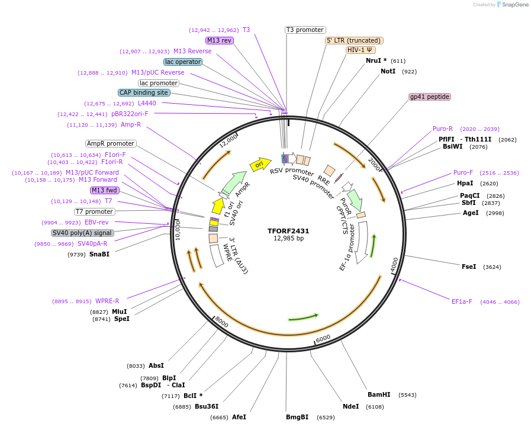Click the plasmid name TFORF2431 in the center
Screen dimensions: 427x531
[x=288, y=231]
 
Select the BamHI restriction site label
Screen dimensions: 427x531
[x=379, y=394]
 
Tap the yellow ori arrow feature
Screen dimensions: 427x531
[x=260, y=164]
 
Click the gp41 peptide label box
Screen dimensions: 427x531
[x=430, y=97]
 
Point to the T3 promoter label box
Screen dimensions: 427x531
[x=305, y=30]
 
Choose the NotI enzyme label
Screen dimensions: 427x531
[x=388, y=71]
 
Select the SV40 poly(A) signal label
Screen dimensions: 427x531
[x=82, y=233]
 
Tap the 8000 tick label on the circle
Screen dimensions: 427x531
[x=221, y=322]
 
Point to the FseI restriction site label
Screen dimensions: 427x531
[x=469, y=267]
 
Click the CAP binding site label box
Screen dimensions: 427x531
[x=144, y=92]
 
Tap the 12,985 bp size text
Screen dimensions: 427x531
[x=288, y=239]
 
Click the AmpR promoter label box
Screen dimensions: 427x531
[x=111, y=143]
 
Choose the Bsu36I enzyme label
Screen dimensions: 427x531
[x=207, y=406]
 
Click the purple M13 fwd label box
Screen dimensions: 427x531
[x=105, y=190]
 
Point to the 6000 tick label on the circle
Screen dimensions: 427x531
[x=323, y=338]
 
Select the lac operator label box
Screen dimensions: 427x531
[x=183, y=62]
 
